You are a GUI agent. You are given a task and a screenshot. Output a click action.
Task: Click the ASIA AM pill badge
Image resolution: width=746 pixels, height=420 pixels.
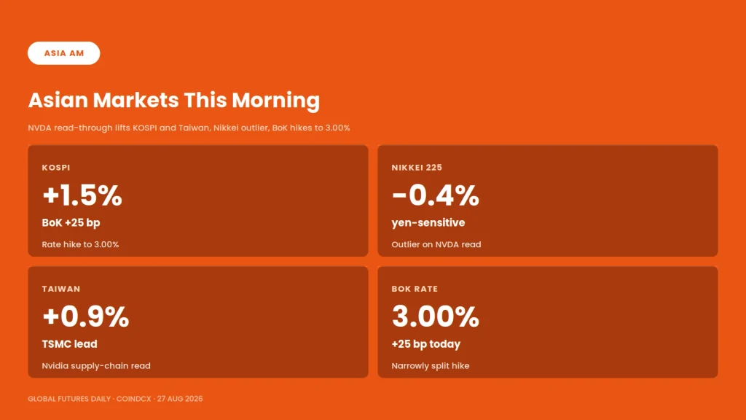(64, 52)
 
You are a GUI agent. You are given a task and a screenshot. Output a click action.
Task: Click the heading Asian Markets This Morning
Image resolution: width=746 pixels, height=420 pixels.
(173, 101)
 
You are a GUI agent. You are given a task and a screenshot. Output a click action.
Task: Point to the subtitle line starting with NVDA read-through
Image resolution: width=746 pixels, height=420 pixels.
(189, 128)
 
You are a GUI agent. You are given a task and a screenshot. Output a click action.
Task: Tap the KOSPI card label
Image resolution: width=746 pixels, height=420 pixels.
(56, 168)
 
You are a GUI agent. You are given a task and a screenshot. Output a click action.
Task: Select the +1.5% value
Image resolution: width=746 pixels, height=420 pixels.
(82, 195)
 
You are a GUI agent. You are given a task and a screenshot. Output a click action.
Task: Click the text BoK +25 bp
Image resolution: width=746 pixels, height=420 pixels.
(71, 223)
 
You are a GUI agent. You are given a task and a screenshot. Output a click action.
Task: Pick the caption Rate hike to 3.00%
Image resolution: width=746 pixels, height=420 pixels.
(80, 244)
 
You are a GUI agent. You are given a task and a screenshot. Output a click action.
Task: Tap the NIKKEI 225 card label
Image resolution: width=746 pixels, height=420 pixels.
(417, 168)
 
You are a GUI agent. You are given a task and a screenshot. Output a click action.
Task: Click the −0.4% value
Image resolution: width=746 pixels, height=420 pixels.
(436, 195)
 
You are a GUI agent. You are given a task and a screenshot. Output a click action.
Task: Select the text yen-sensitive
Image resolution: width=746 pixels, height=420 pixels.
(428, 223)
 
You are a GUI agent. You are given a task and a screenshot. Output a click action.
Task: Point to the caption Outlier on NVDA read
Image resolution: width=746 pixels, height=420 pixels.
(436, 244)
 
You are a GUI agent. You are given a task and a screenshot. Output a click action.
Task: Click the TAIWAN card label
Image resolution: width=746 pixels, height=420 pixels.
(61, 289)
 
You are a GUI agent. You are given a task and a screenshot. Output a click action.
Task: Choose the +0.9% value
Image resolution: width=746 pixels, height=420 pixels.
(86, 316)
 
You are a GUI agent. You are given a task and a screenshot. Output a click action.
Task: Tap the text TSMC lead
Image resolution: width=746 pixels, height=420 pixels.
(69, 344)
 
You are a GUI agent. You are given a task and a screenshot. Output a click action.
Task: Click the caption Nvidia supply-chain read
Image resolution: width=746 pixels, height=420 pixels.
(96, 366)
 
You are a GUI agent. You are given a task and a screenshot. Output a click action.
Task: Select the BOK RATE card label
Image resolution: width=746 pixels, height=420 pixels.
(415, 289)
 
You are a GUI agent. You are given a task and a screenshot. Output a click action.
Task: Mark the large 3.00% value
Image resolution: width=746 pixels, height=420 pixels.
(436, 316)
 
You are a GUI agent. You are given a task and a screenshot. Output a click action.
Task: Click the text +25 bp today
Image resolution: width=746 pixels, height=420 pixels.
(425, 344)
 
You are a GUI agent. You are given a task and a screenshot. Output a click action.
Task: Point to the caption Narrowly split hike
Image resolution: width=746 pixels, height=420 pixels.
(431, 366)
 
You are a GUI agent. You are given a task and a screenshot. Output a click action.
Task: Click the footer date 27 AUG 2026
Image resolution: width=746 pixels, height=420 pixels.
(180, 399)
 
